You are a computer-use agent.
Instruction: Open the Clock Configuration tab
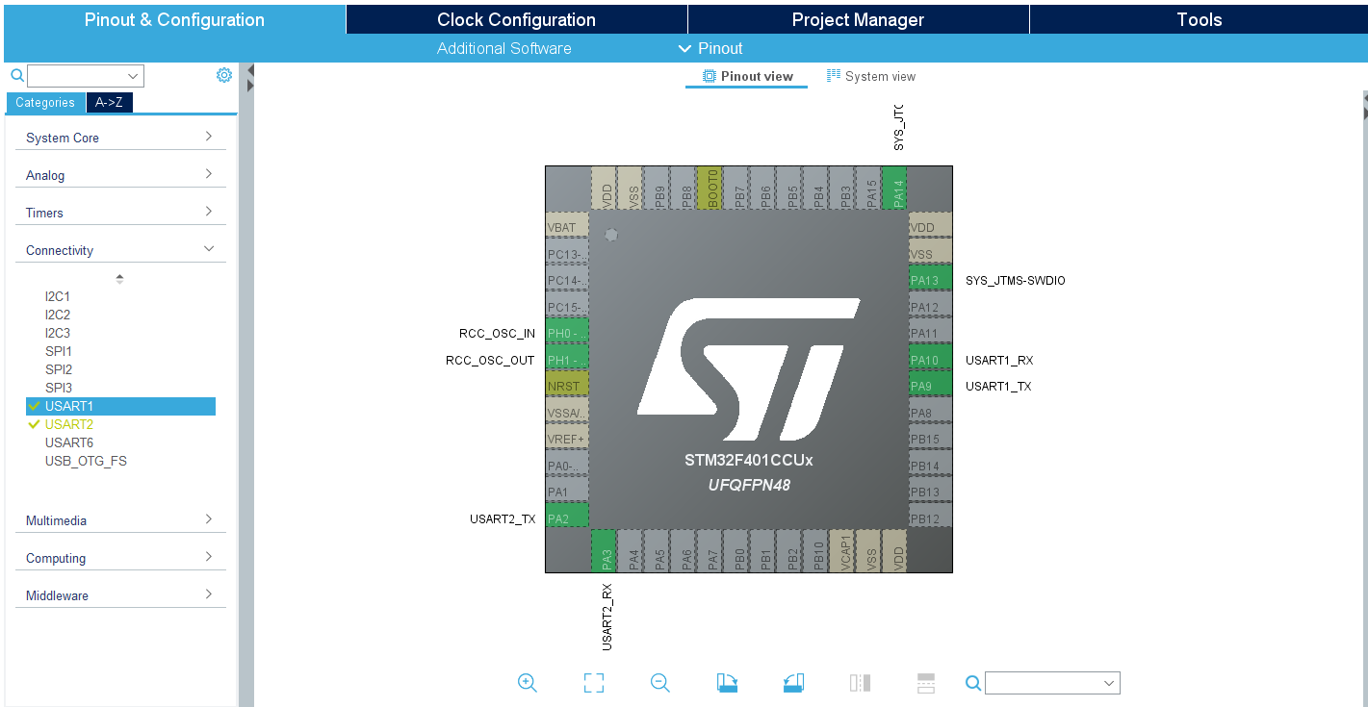point(516,19)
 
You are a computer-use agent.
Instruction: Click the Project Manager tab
point(858,19)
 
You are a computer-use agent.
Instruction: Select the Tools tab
point(1199,19)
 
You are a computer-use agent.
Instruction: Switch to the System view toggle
point(871,76)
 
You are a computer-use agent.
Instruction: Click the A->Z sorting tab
point(109,103)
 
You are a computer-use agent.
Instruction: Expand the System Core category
point(120,138)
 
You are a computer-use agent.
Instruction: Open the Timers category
point(120,213)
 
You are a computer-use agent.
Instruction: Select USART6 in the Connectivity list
point(69,442)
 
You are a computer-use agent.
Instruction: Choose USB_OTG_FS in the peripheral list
point(86,461)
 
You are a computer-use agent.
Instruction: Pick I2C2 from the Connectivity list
point(58,315)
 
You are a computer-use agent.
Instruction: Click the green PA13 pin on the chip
point(930,281)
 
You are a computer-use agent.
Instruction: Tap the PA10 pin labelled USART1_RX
point(930,361)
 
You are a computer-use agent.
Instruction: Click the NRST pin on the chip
point(566,386)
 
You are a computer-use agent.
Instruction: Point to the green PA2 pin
point(566,518)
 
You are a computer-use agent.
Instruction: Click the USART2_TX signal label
point(503,519)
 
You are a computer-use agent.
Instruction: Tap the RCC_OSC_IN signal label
point(497,334)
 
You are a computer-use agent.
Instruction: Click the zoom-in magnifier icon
point(527,683)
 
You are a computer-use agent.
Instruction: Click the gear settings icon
point(224,75)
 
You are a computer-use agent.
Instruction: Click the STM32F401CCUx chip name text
point(748,461)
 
